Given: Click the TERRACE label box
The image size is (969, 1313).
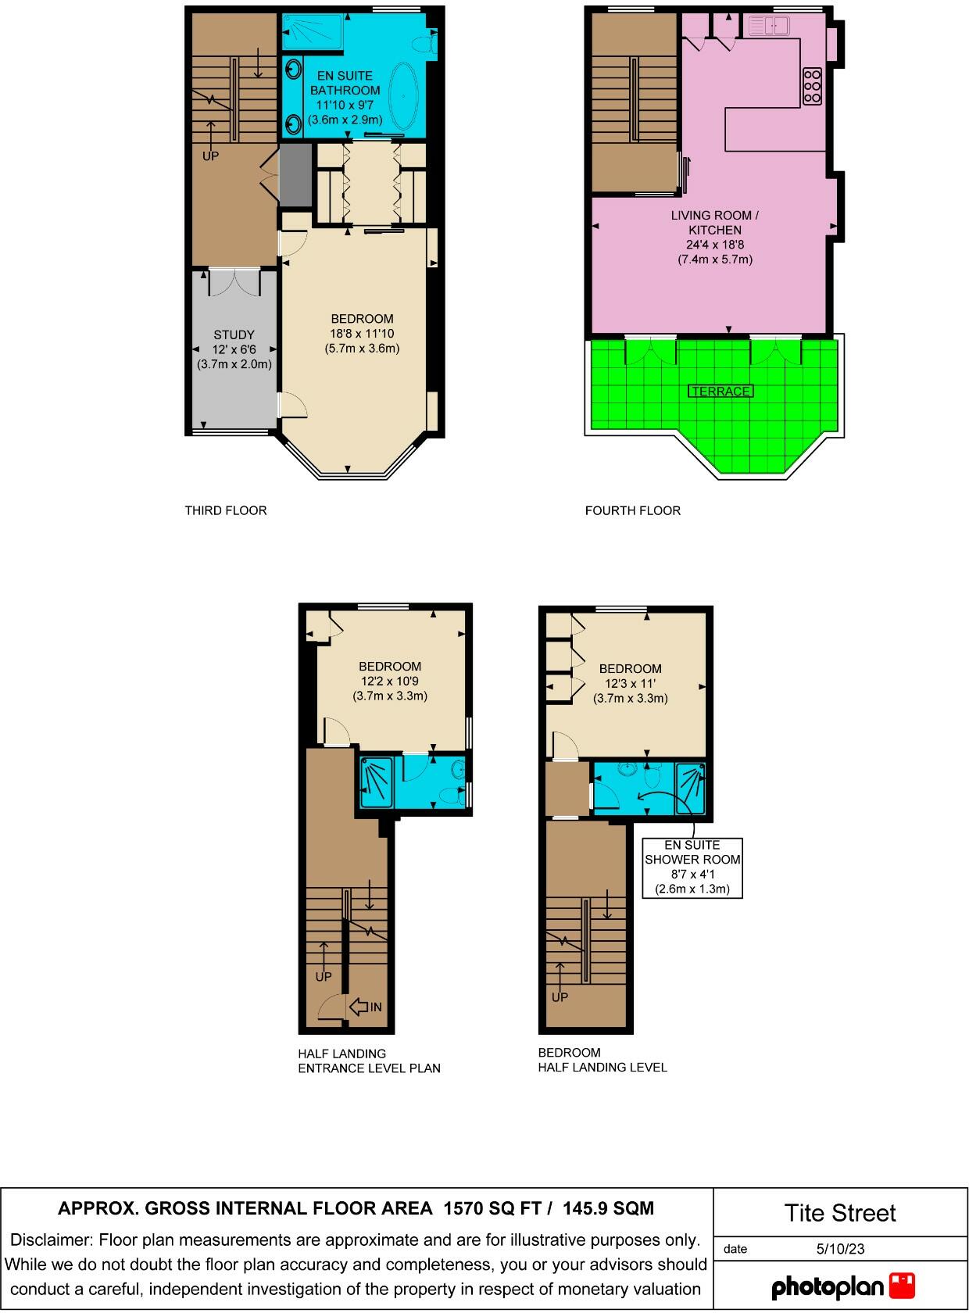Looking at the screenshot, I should tap(720, 391).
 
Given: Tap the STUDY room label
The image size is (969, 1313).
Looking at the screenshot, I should tap(234, 335).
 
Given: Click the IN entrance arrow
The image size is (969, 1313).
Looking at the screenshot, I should tap(366, 1007).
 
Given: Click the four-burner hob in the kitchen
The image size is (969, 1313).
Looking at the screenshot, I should tap(812, 86).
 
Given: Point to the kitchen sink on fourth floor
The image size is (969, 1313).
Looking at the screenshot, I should tap(769, 27).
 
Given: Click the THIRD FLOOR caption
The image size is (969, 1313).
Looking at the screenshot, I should tap(226, 510).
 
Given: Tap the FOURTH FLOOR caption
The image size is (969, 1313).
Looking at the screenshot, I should tap(632, 510).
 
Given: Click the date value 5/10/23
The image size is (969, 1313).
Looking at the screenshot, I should tap(840, 1248).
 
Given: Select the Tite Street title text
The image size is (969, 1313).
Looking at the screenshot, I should tap(840, 1213).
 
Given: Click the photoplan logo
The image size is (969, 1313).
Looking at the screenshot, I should tap(842, 1286).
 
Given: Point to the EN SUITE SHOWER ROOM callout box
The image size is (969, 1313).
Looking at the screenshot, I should tap(692, 867).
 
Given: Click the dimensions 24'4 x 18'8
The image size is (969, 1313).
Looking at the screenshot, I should tap(715, 245).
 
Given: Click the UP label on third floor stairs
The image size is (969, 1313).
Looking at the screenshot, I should tap(210, 156).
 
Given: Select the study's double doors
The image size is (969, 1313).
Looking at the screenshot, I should tap(234, 283).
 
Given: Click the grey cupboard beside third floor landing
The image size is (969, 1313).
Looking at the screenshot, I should tap(295, 176).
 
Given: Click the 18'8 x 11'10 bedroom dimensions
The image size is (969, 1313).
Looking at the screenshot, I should tap(362, 334).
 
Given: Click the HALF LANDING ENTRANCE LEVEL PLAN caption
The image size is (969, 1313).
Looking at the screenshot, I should tap(369, 1061).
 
